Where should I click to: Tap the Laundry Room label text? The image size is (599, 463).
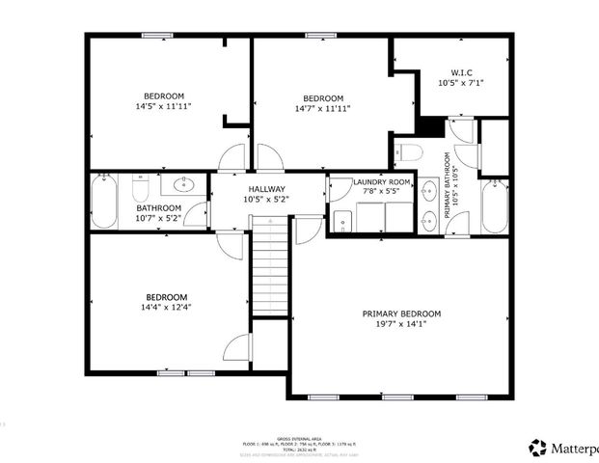(381, 182)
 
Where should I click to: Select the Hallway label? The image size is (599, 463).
(267, 189)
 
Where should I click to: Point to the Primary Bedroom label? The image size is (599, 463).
(401, 313)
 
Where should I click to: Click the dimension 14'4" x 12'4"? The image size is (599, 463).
(166, 308)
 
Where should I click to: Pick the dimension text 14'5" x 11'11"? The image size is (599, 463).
(164, 107)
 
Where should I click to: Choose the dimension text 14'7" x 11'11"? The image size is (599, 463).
(323, 109)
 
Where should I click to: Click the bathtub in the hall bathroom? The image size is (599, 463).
(103, 201)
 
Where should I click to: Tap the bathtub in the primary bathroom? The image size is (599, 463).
(495, 205)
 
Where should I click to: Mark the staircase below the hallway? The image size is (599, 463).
(270, 265)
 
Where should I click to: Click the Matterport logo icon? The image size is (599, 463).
(537, 447)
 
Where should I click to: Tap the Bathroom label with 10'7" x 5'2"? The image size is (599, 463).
(158, 207)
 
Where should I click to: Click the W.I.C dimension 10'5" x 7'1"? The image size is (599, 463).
(461, 84)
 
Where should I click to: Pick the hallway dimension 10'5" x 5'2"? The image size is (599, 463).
(267, 200)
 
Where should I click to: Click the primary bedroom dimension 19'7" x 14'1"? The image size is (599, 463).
(401, 325)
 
